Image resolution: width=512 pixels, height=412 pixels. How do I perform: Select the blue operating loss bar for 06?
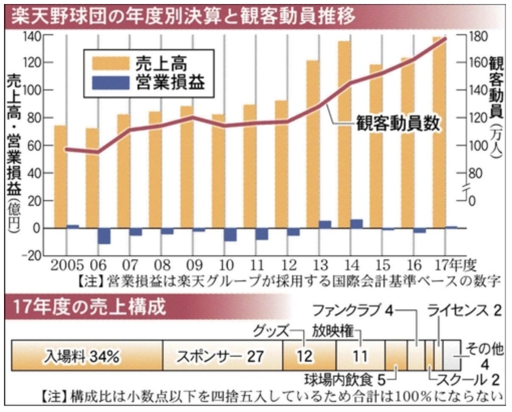104,236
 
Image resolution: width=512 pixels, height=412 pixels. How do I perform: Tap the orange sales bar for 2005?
60,176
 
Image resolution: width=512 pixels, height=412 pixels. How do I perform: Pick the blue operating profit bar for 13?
325,224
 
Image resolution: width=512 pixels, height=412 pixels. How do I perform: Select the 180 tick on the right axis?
474,36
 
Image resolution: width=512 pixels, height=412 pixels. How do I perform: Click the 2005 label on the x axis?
64,264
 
